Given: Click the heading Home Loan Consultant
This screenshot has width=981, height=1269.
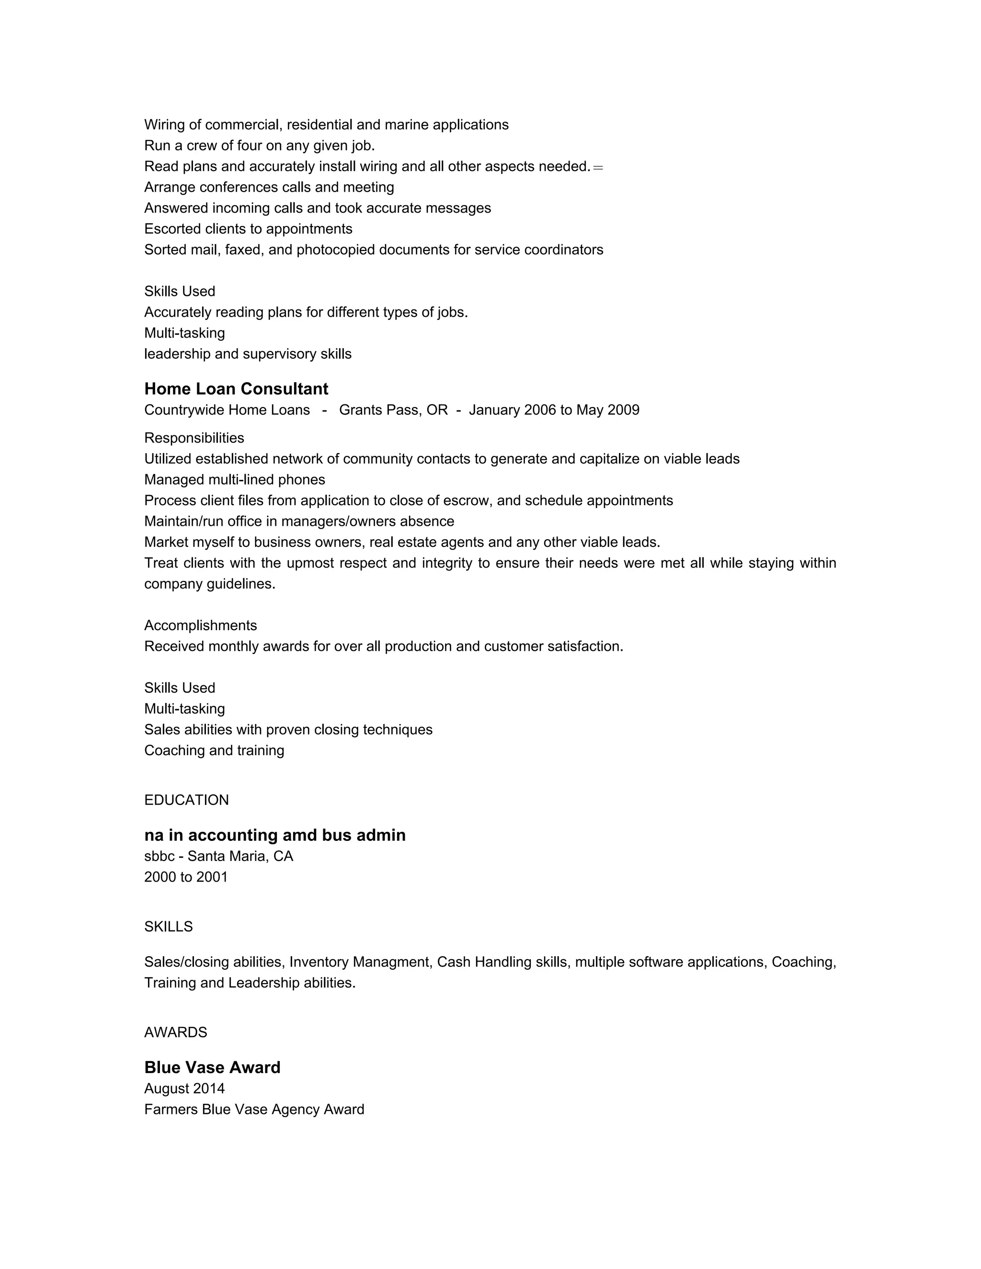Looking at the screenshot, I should [236, 389].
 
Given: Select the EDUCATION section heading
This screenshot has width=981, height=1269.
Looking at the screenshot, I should [186, 800].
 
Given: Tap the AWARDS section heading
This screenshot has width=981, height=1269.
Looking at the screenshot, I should [175, 1032].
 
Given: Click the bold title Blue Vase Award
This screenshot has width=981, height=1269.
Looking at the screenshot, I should [212, 1067].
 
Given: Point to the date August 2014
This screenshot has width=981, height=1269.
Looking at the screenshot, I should [184, 1088].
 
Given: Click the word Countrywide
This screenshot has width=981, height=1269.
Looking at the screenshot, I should [183, 410].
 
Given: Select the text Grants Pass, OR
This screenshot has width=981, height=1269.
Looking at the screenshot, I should [393, 410].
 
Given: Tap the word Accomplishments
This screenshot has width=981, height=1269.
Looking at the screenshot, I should [201, 625].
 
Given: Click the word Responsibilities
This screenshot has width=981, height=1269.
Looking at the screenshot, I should [194, 438].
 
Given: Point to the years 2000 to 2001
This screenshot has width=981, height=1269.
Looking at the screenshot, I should [186, 877].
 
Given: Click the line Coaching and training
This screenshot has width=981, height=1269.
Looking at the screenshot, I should [214, 751].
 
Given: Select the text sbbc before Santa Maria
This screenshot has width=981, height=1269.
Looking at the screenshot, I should [159, 856].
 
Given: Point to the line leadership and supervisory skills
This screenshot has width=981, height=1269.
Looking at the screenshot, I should [248, 354].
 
